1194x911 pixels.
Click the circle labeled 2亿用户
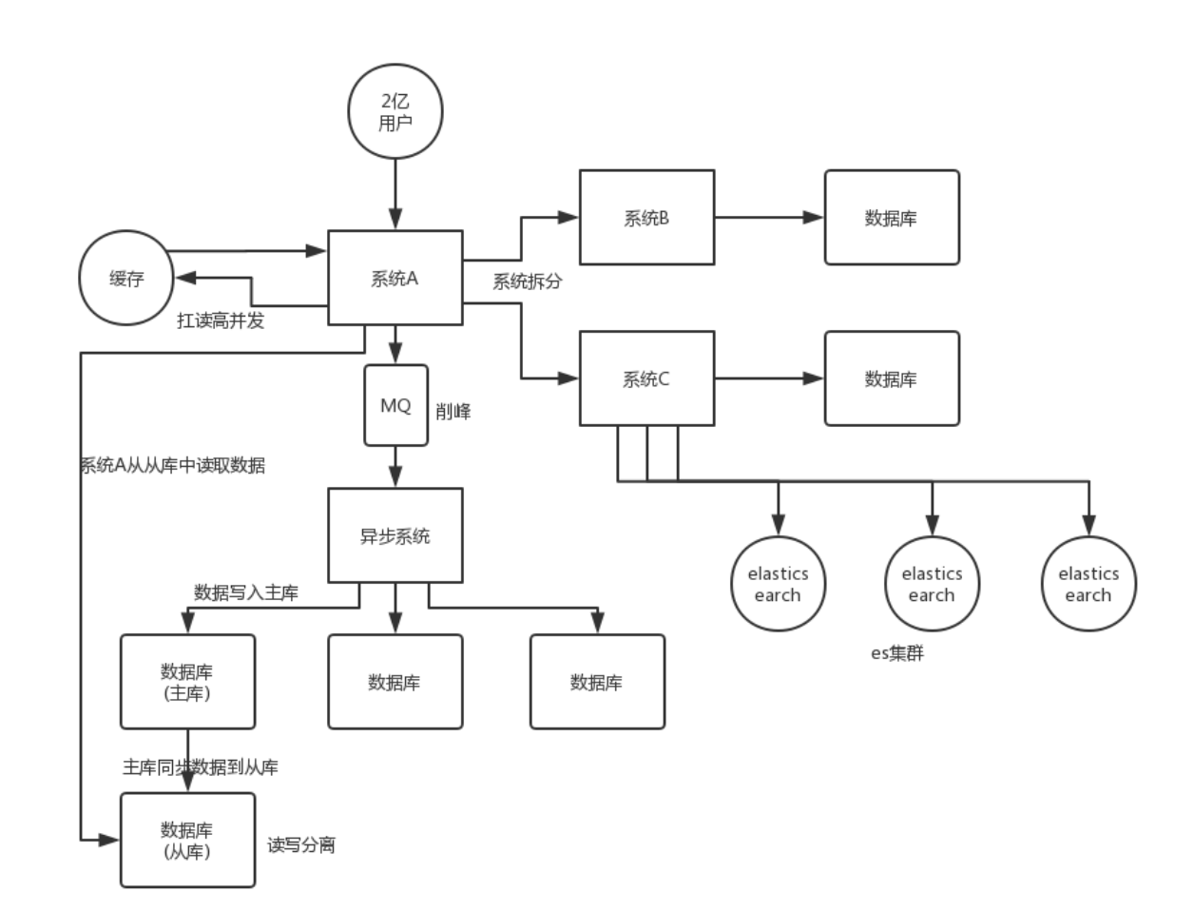click(395, 112)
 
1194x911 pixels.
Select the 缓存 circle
click(126, 279)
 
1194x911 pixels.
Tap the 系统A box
click(395, 279)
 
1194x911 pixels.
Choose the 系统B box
click(646, 218)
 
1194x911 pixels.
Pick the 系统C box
click(646, 378)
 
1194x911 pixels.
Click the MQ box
click(395, 405)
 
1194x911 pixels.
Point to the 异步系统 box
click(395, 535)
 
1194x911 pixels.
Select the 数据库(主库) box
click(187, 682)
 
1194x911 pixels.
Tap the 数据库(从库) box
click(187, 841)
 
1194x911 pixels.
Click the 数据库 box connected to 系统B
click(891, 218)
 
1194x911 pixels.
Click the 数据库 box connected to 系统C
click(891, 378)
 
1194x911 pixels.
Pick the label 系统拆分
click(527, 282)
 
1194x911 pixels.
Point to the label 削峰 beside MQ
click(453, 412)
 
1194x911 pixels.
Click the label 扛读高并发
click(221, 321)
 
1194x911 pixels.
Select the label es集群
click(897, 653)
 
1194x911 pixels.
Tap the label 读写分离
click(301, 845)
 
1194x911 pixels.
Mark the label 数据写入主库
click(246, 593)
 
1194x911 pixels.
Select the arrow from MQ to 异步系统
click(395, 467)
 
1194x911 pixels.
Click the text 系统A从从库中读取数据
click(172, 466)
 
